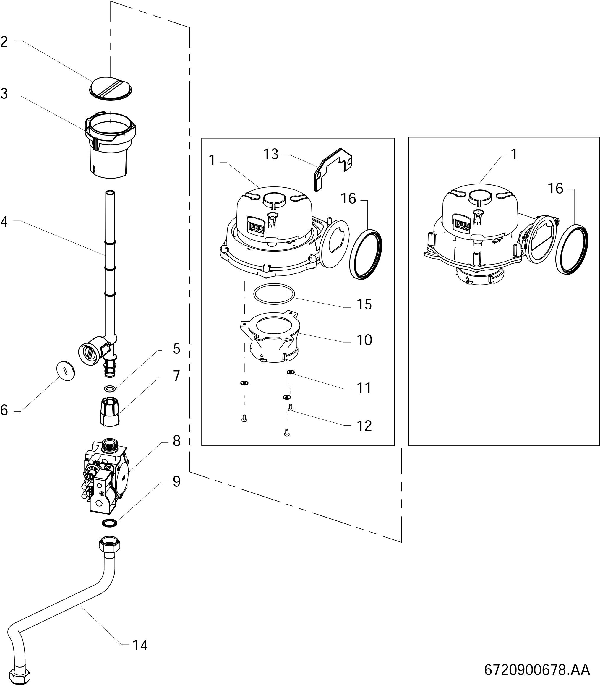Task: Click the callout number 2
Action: [4, 42]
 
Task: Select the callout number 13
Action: [270, 154]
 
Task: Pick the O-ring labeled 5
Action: [109, 388]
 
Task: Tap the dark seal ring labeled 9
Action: [109, 523]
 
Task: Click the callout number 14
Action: [140, 646]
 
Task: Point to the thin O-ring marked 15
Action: [274, 293]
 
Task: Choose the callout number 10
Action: [364, 340]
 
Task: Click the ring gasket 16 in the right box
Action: [572, 249]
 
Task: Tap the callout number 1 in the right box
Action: [514, 154]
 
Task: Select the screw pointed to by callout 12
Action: [290, 408]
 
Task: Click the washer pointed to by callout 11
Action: [291, 372]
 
